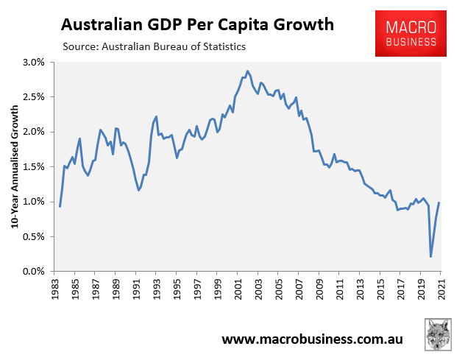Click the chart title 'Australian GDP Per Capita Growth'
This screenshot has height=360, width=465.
tap(197, 25)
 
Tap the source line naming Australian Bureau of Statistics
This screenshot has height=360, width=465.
tap(155, 47)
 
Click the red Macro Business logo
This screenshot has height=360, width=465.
tap(411, 33)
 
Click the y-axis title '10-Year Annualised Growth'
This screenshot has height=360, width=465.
tap(15, 167)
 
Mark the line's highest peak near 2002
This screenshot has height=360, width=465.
tap(247, 71)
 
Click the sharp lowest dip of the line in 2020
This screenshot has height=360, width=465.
tap(430, 256)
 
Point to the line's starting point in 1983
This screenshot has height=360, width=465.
tap(60, 206)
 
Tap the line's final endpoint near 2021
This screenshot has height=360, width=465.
tap(439, 202)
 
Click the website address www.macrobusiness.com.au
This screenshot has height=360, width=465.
tap(312, 340)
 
